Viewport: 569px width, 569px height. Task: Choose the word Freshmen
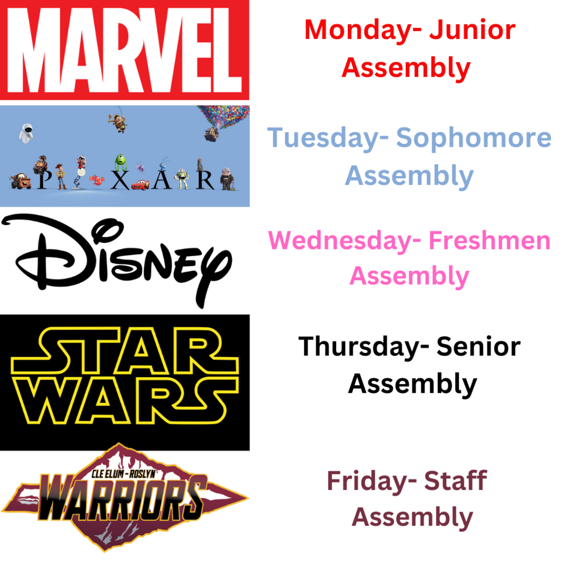tap(490, 240)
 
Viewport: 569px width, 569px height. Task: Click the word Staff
tap(456, 480)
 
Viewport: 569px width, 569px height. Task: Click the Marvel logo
tap(124, 50)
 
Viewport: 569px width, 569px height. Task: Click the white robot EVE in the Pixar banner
tap(26, 133)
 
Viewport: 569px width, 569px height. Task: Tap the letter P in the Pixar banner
tap(44, 179)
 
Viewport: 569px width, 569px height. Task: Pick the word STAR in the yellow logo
tap(124, 351)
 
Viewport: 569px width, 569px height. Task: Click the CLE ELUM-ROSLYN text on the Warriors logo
tap(123, 473)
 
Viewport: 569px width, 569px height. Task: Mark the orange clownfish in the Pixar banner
tap(97, 181)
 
